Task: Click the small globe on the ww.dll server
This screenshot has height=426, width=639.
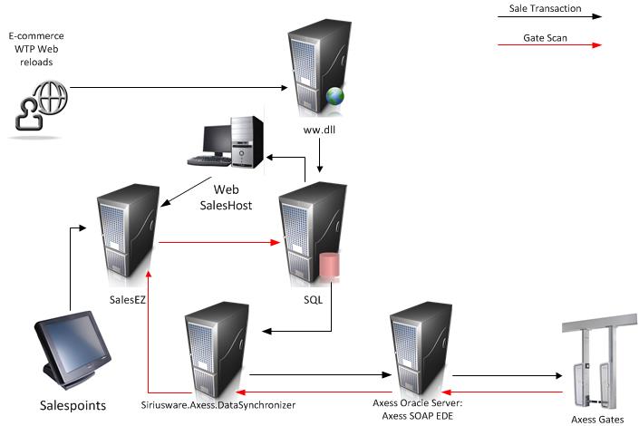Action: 335,95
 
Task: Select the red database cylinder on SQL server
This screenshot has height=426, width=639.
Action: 328,269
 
